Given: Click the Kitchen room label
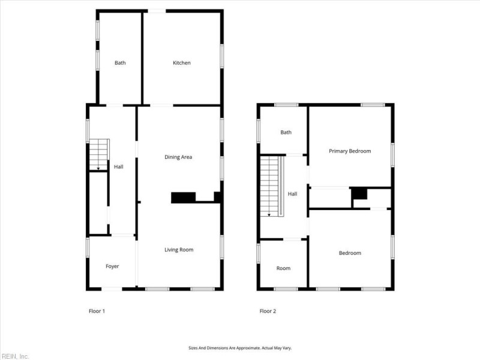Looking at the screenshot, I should (182, 63).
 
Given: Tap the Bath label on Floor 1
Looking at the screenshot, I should (120, 63).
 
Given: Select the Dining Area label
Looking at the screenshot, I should (178, 157).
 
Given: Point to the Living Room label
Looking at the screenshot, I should (179, 250).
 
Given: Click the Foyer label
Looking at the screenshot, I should (112, 266).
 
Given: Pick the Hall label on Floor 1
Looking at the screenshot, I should (118, 166).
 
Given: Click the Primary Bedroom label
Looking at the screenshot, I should (350, 151).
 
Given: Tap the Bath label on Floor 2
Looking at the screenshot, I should (286, 132).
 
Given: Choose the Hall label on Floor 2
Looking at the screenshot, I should (293, 194).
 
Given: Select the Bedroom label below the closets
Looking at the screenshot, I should (350, 253).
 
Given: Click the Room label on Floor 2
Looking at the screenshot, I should (283, 268).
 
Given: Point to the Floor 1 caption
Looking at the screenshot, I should (97, 311).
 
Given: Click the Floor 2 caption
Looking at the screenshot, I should (268, 311).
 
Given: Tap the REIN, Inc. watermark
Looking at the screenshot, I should (15, 356).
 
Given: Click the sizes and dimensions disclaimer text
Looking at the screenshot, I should (239, 347).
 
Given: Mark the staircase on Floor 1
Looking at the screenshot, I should (98, 155).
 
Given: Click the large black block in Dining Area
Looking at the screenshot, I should (184, 197).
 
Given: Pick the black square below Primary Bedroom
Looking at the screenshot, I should (359, 193).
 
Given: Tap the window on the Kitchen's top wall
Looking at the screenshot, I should (157, 10).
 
